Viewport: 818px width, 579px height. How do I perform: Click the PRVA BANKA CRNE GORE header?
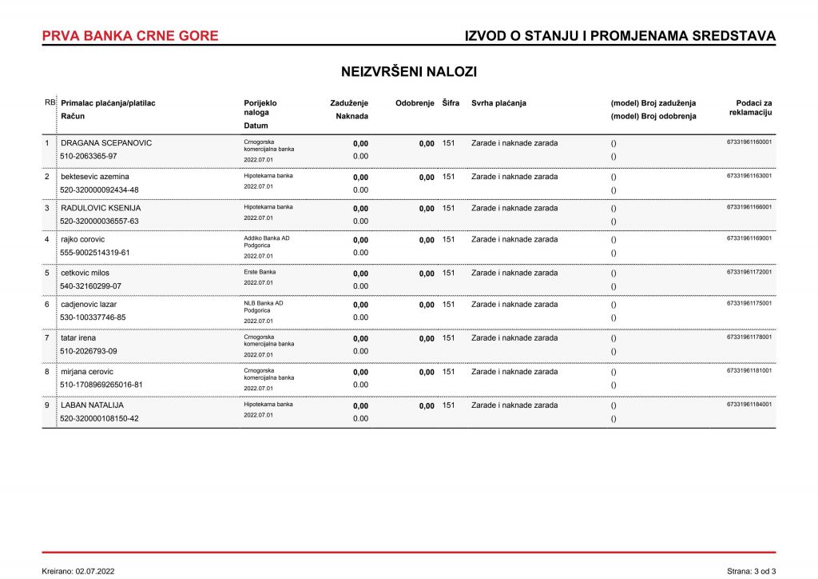pos(129,36)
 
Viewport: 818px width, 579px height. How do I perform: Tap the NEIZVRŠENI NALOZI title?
pos(409,72)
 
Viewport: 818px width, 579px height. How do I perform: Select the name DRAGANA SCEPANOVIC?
pos(106,143)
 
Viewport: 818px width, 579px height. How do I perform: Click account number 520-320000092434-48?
pos(100,190)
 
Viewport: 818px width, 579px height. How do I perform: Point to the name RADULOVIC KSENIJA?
pos(101,208)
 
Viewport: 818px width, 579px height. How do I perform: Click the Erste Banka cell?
pos(260,272)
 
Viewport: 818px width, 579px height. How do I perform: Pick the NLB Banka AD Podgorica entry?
pos(264,307)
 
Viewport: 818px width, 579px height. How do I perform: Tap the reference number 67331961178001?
pos(749,337)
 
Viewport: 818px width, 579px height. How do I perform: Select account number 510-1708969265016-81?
pos(102,385)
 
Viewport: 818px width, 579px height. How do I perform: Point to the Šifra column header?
pos(451,103)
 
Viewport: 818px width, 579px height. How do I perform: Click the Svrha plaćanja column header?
pos(499,103)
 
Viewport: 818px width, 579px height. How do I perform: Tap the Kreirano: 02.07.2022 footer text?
pos(78,571)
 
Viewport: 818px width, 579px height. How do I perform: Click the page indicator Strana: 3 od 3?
pos(751,571)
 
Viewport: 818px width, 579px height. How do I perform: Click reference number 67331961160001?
pos(749,142)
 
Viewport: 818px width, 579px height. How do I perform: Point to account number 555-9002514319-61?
pos(95,253)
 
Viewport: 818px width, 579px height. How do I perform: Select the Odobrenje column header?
pos(415,103)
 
